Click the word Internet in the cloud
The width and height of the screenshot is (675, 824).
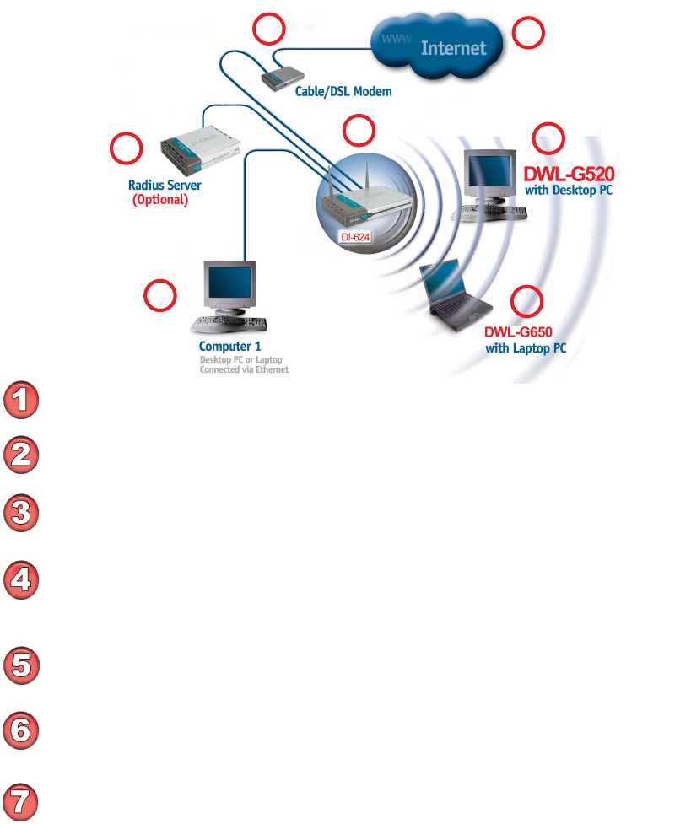(454, 48)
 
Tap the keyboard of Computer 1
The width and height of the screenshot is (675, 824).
(232, 322)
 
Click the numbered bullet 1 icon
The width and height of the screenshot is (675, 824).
(22, 399)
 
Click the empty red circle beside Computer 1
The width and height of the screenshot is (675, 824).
(160, 295)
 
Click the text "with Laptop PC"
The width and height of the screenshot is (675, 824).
(526, 347)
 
